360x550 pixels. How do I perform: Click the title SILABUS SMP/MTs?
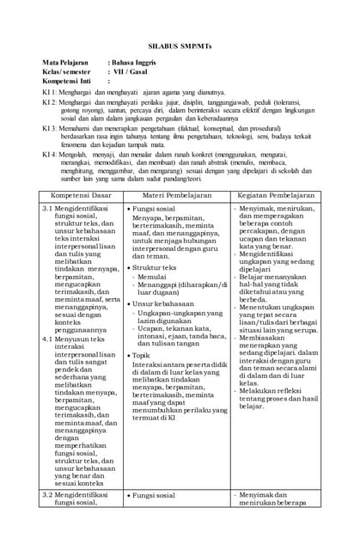[x=180, y=40]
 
